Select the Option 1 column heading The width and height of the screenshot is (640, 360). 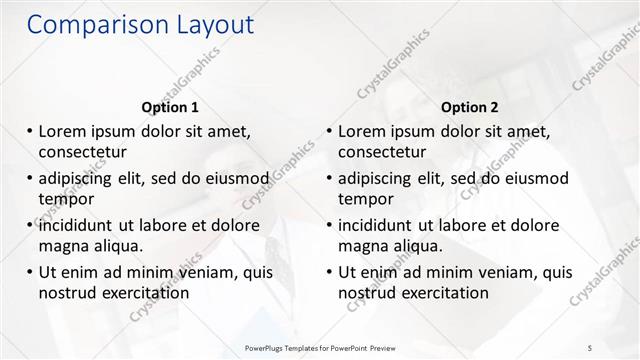pyautogui.click(x=170, y=107)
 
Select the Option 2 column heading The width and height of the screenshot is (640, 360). pyautogui.click(x=470, y=107)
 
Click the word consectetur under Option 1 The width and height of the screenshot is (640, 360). pyautogui.click(x=82, y=152)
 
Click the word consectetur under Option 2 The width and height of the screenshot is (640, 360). pyautogui.click(x=382, y=152)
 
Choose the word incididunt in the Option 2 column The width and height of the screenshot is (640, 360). pyautogui.click(x=382, y=226)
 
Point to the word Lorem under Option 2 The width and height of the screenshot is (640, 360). pyautogui.click(x=363, y=132)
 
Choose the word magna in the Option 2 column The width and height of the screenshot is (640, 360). pyautogui.click(x=362, y=246)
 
